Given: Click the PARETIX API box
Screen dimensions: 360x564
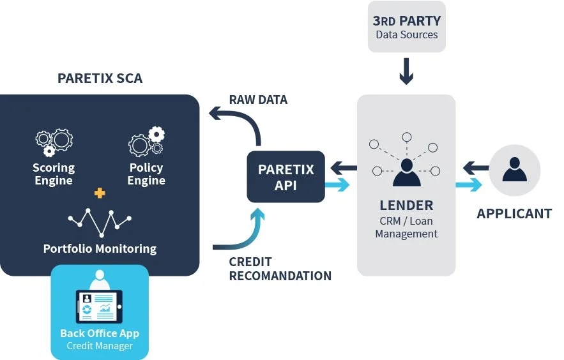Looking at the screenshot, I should coord(286,177).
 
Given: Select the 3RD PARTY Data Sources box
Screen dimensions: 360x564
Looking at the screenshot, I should coord(406,27).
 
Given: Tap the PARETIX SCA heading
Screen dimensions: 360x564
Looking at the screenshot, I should coord(100,79).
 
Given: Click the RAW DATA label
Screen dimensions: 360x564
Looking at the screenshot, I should coord(258,100).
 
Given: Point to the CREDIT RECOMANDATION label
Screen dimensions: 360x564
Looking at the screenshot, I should coord(280,269).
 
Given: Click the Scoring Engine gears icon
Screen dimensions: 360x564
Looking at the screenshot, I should coord(54,142).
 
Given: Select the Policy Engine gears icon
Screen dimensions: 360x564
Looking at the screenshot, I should coord(146,142).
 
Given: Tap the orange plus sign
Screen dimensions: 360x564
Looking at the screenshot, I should coord(100,193).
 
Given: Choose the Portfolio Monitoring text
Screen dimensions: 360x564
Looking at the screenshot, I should coord(100,248).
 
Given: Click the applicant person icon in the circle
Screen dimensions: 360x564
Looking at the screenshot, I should coord(514,169).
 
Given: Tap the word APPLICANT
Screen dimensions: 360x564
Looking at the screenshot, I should coord(514,214).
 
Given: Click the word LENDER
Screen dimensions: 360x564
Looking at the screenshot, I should coord(406,206).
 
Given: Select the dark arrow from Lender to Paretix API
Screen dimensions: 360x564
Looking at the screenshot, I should coord(344,169).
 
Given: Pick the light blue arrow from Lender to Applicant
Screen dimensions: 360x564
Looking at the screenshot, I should coord(468,186).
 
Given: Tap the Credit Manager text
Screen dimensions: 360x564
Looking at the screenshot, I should coord(100,346).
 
